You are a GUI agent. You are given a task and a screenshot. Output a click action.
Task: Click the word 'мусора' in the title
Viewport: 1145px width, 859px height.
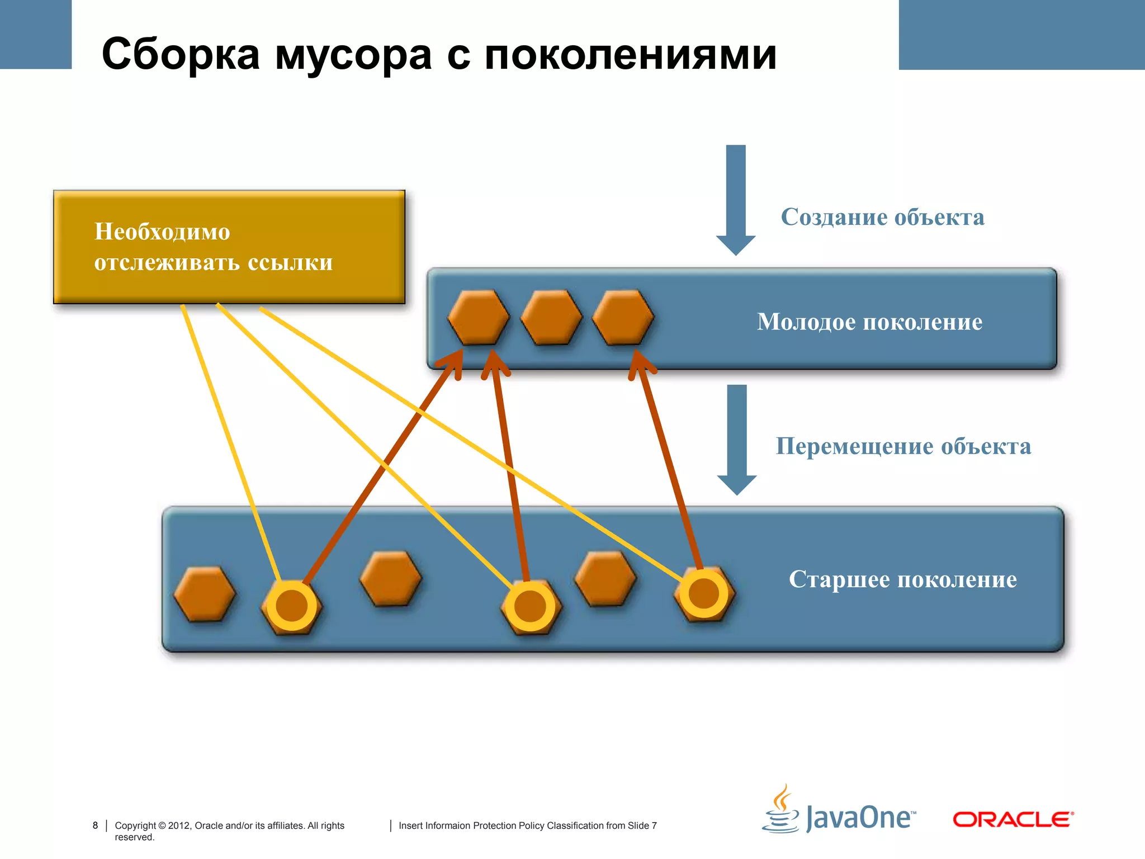coord(353,56)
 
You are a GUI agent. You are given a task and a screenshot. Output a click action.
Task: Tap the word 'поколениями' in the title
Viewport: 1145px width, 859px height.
coord(630,56)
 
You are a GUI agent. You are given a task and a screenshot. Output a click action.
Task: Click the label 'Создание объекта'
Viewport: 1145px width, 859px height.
coord(882,217)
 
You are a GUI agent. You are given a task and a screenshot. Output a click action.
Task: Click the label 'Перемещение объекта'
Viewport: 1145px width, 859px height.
coord(903,446)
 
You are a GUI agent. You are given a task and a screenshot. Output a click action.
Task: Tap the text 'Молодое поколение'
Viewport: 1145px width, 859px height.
coord(869,322)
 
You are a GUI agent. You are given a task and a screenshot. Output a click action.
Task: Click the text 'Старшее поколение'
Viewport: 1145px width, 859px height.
coord(902,579)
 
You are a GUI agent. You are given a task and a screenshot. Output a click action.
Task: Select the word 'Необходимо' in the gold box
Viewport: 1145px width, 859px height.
coord(162,232)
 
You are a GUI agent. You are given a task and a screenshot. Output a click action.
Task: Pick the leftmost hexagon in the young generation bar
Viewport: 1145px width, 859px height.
coord(479,317)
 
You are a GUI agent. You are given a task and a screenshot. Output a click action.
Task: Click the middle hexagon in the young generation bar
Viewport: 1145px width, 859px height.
coord(551,317)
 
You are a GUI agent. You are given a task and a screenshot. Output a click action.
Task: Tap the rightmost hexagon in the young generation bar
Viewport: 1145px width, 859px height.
coord(623,317)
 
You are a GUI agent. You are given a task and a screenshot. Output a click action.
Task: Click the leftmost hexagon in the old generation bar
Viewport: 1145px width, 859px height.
coord(205,594)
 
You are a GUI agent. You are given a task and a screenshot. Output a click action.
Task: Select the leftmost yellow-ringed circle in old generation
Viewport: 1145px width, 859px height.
coord(292,606)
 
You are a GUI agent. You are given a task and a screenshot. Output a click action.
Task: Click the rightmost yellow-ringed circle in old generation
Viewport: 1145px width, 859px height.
coord(703,593)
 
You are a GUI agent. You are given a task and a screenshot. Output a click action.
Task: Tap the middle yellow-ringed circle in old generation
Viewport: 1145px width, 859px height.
coord(530,606)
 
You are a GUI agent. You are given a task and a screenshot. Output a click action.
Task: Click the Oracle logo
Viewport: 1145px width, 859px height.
coord(1012,819)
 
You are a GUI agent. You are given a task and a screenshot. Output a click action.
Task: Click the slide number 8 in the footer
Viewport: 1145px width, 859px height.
coord(95,825)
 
